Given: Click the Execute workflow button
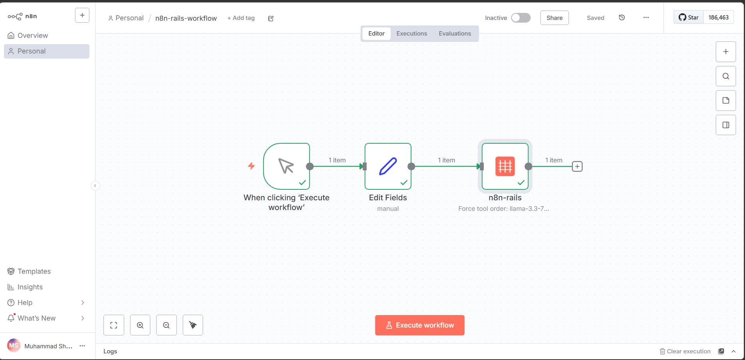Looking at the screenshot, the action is point(420,325).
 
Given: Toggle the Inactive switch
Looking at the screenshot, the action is point(521,18).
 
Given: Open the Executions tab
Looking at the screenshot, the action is point(412,34).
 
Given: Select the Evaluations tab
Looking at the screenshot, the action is point(455,34).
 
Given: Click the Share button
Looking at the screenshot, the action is point(554,18).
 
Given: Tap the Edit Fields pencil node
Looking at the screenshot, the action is point(388,166).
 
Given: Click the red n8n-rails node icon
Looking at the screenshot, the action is point(505,166).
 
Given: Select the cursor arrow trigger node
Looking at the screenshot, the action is point(287,166).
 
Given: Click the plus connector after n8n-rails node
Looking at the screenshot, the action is point(577,166).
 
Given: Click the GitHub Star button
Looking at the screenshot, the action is point(689,18).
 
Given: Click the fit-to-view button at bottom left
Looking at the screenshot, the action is point(114,325).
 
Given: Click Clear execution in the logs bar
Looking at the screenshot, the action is point(685,351).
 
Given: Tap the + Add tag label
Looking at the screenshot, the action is point(241,18).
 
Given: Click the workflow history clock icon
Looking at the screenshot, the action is point(622,18).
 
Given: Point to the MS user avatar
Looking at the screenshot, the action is point(14,346).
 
